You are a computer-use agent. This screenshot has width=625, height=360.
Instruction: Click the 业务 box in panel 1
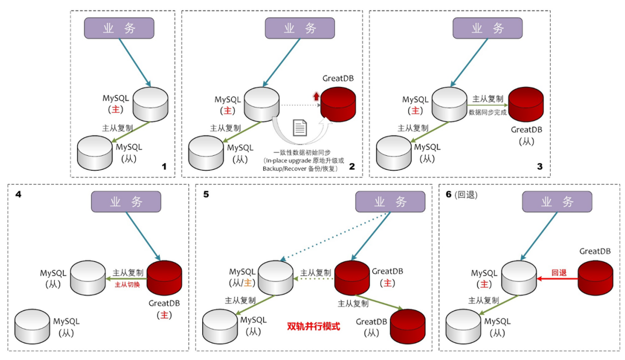(119, 28)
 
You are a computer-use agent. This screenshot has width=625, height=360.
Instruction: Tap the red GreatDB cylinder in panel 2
(337, 104)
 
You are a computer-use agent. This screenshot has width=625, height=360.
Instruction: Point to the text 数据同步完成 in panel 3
(487, 111)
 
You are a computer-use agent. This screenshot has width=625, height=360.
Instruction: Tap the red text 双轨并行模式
(313, 327)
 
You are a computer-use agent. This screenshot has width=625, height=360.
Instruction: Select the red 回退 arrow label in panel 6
(558, 272)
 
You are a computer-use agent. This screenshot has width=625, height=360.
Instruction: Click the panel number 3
(540, 167)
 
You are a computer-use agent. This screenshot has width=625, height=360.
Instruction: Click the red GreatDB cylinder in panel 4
(164, 278)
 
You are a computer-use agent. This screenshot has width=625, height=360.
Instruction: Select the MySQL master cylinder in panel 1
(150, 104)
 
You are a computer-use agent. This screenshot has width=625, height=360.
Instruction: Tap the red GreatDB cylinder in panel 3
(525, 104)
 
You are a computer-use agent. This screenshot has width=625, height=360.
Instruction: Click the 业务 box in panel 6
(557, 202)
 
